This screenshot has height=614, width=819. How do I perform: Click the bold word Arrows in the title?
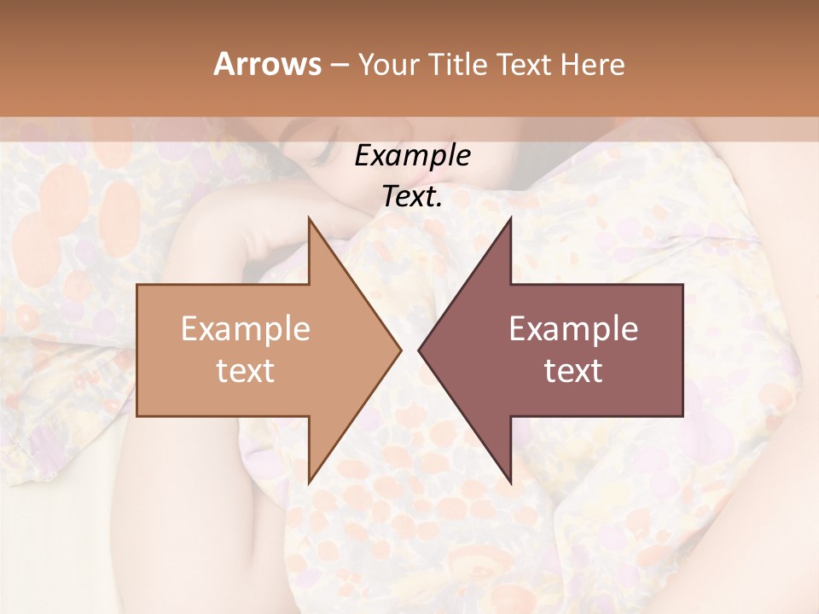tap(267, 64)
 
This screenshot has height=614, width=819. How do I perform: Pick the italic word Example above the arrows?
tap(413, 155)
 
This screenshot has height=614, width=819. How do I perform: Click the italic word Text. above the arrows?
tap(413, 196)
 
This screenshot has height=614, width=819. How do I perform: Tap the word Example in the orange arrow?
tap(246, 329)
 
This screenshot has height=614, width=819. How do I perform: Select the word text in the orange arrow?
tap(246, 371)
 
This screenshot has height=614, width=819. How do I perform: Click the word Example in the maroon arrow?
tap(573, 329)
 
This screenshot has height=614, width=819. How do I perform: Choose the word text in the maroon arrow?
tap(573, 371)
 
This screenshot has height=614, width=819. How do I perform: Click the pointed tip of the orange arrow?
tap(399, 350)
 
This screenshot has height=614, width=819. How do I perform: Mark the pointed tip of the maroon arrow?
tap(420, 350)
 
